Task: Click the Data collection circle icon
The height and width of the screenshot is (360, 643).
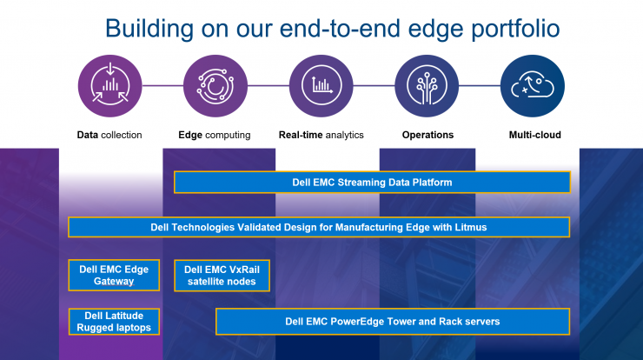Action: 109,86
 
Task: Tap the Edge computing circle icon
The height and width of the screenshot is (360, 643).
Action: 215,86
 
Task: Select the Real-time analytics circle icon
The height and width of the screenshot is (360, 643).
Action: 321,86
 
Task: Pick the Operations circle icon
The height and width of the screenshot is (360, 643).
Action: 427,86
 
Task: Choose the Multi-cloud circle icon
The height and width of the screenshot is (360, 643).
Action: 533,86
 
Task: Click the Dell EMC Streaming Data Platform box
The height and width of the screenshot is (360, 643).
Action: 372,183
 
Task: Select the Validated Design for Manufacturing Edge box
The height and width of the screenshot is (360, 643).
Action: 319,227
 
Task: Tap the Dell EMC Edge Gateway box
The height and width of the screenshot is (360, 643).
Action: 114,275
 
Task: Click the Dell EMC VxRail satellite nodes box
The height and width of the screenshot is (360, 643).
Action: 222,276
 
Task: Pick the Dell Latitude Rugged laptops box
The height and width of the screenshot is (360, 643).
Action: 114,322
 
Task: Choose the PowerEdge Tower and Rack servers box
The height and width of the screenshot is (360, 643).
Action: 393,322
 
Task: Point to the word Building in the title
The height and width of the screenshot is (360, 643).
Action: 149,29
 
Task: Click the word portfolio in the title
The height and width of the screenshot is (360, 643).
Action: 515,28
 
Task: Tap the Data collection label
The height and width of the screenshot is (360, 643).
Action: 109,135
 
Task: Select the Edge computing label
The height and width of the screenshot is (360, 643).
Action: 215,135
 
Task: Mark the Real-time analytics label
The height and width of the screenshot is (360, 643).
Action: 321,135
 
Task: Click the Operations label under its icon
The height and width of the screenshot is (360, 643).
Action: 428,135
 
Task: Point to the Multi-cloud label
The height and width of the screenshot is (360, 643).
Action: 534,135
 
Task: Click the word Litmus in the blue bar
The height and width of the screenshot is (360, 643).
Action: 471,227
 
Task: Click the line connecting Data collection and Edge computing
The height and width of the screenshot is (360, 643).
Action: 162,86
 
